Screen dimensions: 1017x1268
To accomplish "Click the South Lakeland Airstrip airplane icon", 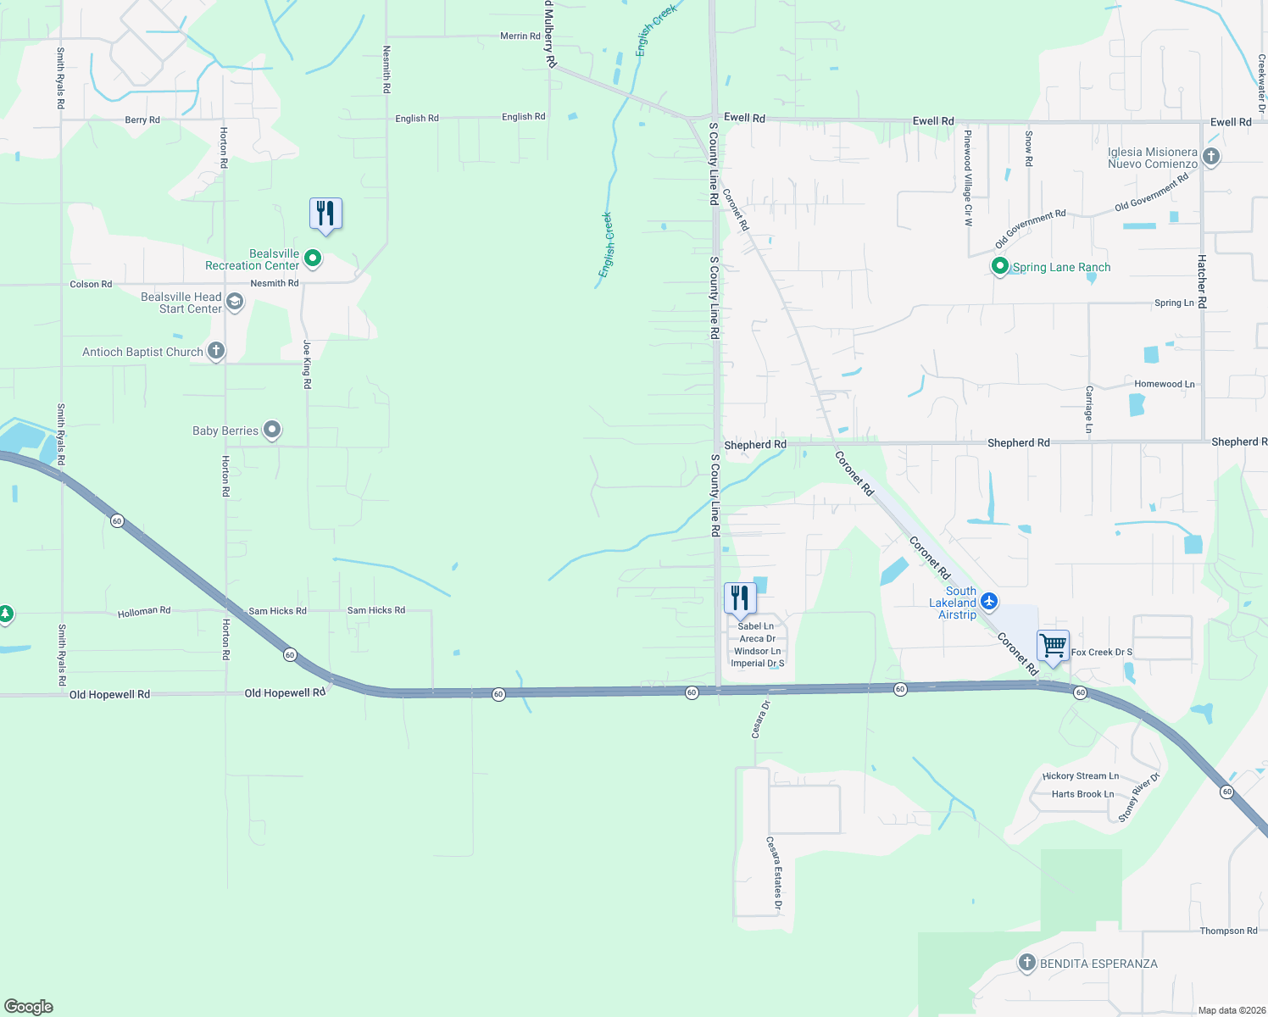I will [989, 602].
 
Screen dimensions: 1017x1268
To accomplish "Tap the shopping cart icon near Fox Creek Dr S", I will [1053, 646].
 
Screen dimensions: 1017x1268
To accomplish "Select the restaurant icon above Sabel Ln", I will [740, 597].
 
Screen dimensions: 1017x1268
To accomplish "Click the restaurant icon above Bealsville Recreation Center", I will [325, 213].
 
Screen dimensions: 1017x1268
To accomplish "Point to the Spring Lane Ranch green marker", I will [1000, 266].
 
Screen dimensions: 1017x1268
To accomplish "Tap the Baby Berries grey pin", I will [272, 430].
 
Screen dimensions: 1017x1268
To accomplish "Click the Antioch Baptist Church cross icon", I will [216, 351].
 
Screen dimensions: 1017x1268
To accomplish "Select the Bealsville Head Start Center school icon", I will [235, 302].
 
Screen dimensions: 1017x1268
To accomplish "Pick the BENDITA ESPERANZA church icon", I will [1027, 963].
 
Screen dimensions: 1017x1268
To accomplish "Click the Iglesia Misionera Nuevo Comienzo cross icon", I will [1211, 157].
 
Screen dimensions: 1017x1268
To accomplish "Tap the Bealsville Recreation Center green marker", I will [313, 258].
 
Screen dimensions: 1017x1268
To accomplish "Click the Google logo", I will [29, 1007].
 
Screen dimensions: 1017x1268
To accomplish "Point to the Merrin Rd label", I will [520, 36].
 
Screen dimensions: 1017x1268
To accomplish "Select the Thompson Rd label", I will [1228, 931].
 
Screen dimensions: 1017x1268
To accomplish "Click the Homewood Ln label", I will [1164, 384].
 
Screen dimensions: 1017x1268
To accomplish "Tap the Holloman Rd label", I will [144, 611].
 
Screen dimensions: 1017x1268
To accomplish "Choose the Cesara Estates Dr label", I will [775, 873].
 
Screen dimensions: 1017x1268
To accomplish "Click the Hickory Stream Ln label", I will [1080, 776].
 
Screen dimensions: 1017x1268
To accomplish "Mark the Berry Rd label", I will [142, 120].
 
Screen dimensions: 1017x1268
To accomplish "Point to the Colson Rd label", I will [91, 285].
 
